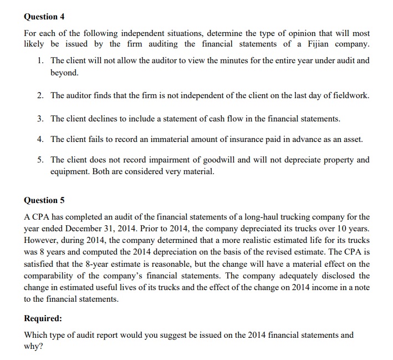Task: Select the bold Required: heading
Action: point(43,319)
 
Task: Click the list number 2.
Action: point(41,95)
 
